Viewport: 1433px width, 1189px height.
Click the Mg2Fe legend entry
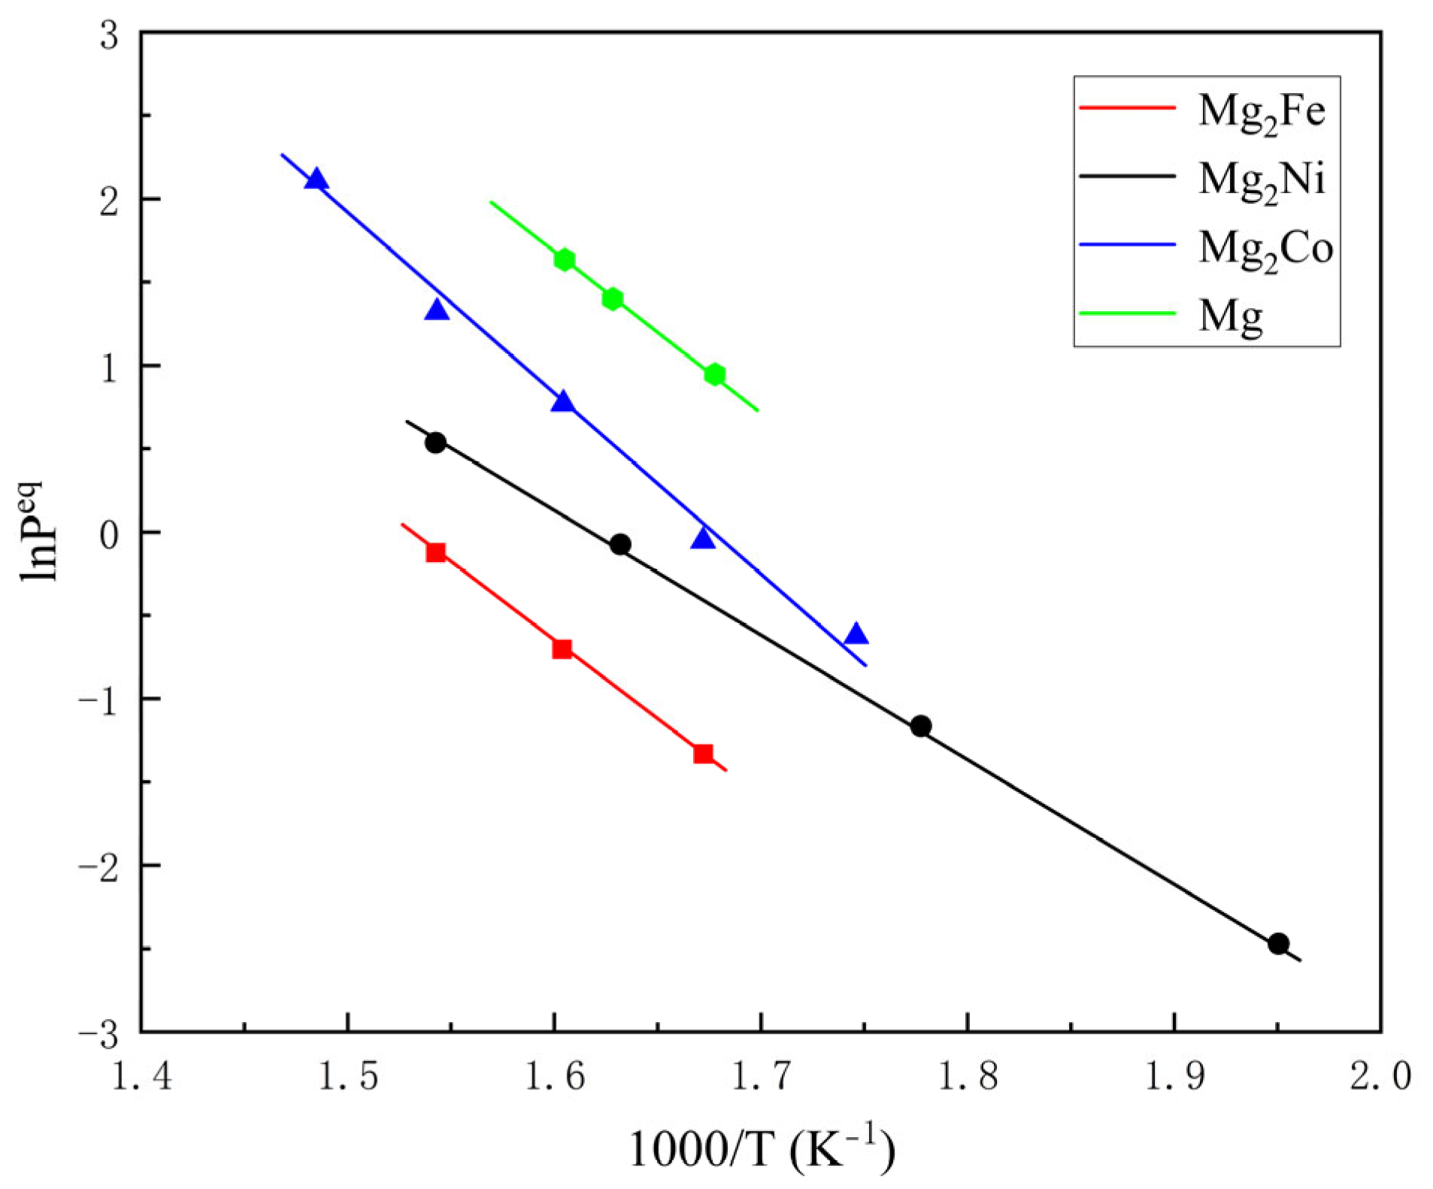tap(1261, 110)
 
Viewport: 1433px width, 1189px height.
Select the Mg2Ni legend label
tap(1261, 179)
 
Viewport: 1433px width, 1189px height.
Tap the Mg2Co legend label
tap(1265, 247)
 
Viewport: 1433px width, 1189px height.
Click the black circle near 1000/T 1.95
tap(1278, 943)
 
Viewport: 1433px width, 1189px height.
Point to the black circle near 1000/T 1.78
tap(921, 726)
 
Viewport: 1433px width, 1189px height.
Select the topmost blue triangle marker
tap(317, 179)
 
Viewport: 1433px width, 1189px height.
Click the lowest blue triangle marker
tap(856, 634)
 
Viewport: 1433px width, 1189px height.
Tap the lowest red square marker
tap(703, 754)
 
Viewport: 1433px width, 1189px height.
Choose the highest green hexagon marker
tap(565, 260)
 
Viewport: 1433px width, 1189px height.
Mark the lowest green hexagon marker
tap(715, 374)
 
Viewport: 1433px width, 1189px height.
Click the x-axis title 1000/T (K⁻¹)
tap(761, 1148)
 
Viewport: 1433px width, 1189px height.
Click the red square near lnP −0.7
tap(562, 649)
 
